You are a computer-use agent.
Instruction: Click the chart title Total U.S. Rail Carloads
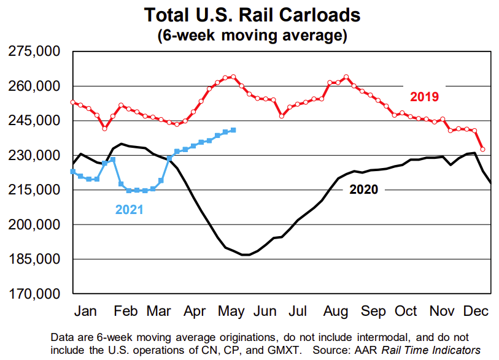252,15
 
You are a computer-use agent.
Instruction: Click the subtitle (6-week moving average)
252,35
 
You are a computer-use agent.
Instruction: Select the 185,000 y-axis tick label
34,259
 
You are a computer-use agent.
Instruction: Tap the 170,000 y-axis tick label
34,294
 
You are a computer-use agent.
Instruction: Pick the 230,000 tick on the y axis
34,156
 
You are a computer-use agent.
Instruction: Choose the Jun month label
265,312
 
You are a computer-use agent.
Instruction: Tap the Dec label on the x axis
475,312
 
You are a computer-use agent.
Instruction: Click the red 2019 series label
424,97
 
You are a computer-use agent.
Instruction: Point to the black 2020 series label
364,190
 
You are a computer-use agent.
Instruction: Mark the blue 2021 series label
130,210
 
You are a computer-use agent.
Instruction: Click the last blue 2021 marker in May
233,130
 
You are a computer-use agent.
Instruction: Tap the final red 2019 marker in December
482,149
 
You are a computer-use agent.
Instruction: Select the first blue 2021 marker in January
73,172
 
